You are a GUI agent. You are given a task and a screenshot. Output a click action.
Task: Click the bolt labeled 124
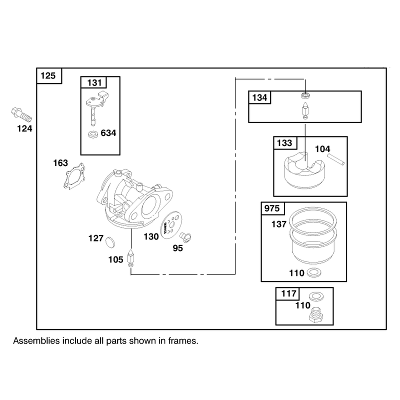pos(21,115)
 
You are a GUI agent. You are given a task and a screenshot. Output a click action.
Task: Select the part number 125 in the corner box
pos(48,76)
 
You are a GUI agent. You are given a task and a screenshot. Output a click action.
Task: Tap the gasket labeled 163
pos(74,176)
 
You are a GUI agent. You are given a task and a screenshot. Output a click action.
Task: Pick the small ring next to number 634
pos(93,134)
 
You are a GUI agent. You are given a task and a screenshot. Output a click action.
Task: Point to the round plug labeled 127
pos(110,242)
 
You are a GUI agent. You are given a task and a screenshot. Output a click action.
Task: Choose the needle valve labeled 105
pos(130,258)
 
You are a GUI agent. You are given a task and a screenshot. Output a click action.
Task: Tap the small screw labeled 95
pos(185,237)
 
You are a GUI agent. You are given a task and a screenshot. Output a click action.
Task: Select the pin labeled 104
pos(336,159)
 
